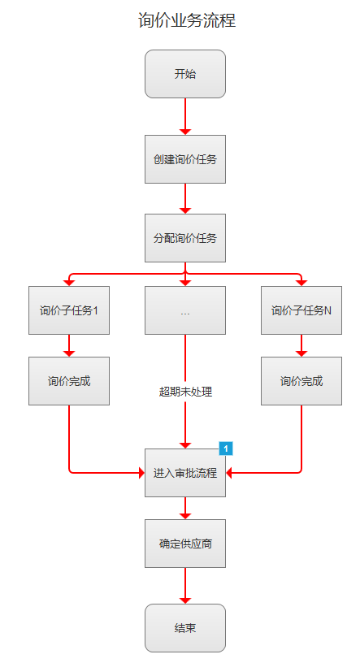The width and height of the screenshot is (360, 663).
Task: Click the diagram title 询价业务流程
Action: pos(187,20)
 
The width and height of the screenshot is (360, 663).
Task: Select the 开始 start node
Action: pos(185,74)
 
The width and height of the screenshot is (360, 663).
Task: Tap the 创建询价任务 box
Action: pos(185,159)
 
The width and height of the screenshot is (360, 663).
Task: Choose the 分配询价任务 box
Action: pos(185,238)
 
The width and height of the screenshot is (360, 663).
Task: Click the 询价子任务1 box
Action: pos(69,310)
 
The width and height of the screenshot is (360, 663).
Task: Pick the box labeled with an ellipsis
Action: pos(185,310)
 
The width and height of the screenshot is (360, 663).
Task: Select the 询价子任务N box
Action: pos(301,310)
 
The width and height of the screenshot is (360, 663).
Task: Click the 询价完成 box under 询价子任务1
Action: pos(69,381)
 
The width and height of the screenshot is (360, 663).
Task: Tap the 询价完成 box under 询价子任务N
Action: pos(301,381)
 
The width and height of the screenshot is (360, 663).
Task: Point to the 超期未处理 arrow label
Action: pos(185,392)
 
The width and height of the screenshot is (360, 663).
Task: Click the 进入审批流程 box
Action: pos(185,473)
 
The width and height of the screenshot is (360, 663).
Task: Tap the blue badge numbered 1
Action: pos(226,448)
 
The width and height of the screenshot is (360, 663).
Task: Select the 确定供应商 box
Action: pos(185,544)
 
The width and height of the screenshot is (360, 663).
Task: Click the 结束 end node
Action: pos(185,628)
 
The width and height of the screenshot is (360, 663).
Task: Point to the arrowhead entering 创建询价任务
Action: pos(185,132)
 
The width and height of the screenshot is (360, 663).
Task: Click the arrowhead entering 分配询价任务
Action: pos(185,210)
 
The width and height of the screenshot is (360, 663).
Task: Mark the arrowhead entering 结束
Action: pos(185,600)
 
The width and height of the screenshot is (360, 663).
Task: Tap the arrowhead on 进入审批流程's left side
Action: pos(141,473)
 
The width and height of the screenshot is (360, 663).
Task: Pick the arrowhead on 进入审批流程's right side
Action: pos(229,473)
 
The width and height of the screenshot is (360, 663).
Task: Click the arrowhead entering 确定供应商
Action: pos(185,516)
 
